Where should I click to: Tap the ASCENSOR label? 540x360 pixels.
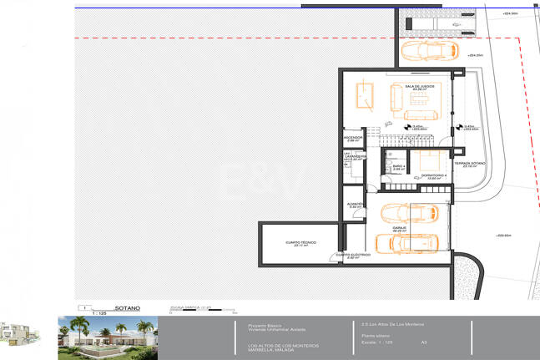click(x=352, y=139)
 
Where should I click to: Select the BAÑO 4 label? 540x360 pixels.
click(x=399, y=167)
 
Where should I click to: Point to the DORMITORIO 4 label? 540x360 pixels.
click(x=433, y=176)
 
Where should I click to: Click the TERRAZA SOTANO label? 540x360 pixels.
click(x=470, y=164)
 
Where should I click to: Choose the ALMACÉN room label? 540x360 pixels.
click(x=353, y=203)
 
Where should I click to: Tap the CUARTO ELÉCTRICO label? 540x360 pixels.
click(x=353, y=256)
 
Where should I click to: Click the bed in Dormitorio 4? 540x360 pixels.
click(x=434, y=161)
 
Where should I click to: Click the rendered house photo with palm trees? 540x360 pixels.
click(x=105, y=337)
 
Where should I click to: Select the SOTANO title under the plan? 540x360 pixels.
click(x=127, y=308)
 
